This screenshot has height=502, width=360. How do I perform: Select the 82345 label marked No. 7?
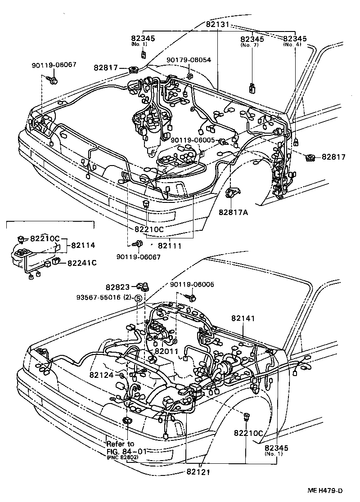coord(253,39)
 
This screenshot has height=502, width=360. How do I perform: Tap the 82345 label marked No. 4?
coord(296,39)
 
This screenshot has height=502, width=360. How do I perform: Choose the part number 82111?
coord(170,246)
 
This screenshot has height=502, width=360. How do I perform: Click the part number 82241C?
coord(82,262)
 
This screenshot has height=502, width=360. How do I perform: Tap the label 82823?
coord(118,287)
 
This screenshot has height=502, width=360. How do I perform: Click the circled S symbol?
coord(139,298)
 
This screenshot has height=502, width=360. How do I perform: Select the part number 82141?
coord(243,318)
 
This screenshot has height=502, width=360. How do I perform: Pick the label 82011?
coord(166,351)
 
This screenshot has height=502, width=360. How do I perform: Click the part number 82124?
coord(103,375)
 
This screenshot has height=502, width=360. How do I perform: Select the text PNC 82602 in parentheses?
coord(122,457)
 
